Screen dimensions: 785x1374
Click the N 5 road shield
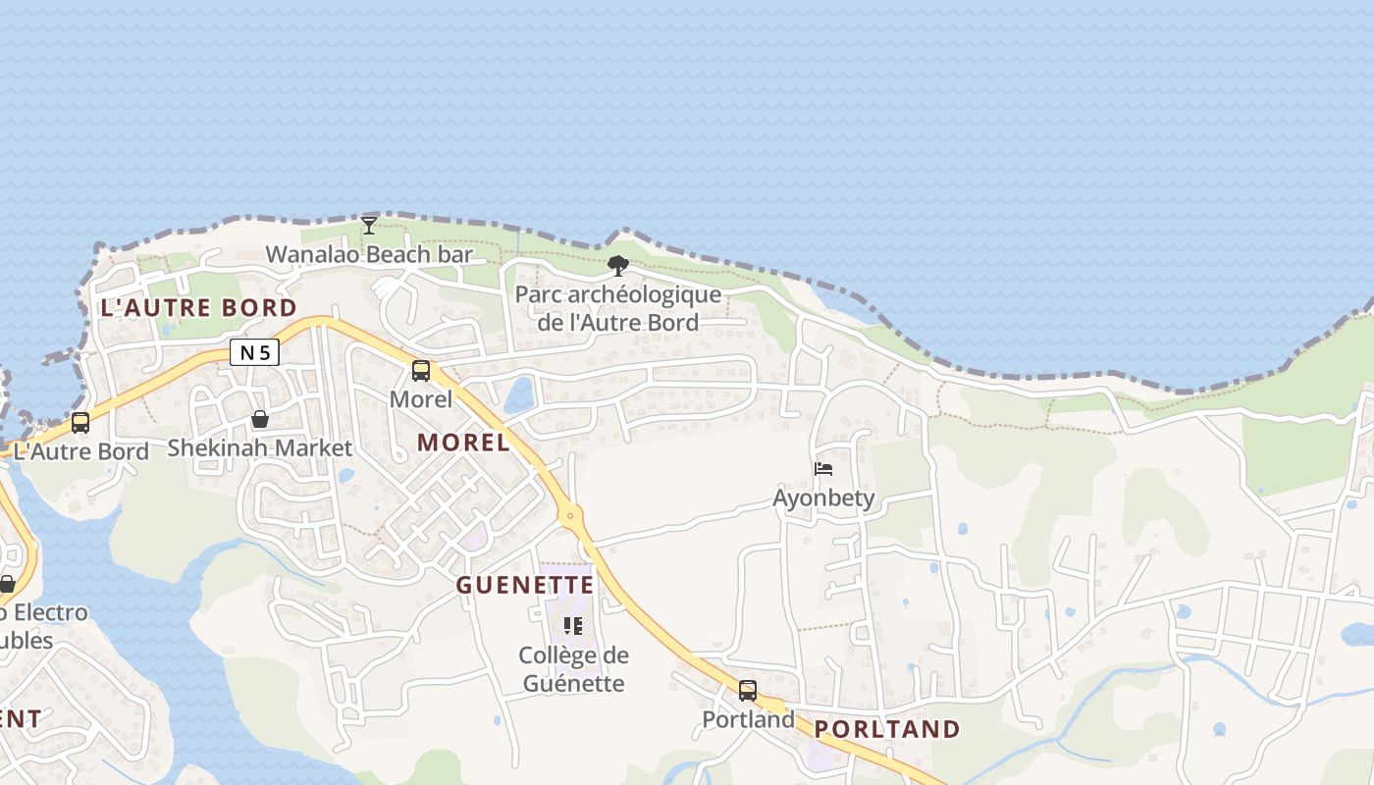(x=254, y=352)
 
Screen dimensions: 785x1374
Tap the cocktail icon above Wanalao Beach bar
(x=368, y=226)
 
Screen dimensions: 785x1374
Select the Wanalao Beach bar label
(x=369, y=255)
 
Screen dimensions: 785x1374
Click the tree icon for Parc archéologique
(x=617, y=265)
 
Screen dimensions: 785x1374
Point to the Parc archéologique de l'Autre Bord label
(x=618, y=308)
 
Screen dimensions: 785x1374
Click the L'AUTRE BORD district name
(x=198, y=308)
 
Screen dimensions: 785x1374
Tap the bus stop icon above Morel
(x=421, y=371)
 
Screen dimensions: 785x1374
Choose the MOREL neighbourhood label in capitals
(x=463, y=443)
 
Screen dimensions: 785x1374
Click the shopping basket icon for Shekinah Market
(x=259, y=420)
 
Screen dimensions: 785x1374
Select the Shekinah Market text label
(x=259, y=448)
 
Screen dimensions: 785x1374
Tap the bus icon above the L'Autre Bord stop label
(x=80, y=423)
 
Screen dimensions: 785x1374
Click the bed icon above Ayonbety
(x=823, y=469)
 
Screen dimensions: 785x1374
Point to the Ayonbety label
(x=823, y=497)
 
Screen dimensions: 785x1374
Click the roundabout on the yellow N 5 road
(x=569, y=514)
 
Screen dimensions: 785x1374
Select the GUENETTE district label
(x=525, y=586)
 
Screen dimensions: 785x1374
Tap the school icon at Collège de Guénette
(x=573, y=626)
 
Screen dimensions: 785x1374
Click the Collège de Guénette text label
(x=574, y=669)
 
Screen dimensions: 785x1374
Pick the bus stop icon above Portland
(x=748, y=691)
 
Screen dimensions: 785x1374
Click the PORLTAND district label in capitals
(x=887, y=729)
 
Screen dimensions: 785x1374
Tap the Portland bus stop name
(x=748, y=719)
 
